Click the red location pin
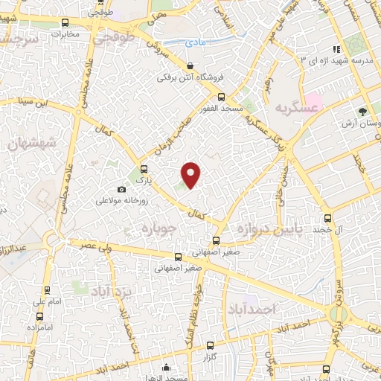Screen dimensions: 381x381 192,174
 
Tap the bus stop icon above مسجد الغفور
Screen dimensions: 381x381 220,96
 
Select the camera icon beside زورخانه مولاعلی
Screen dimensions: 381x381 122,190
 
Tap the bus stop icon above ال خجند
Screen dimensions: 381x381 328,219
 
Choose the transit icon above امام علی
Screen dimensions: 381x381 48,290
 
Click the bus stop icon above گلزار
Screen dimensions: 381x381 210,345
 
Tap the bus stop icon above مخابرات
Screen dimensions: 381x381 65,22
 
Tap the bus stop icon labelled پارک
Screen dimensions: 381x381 144,168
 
